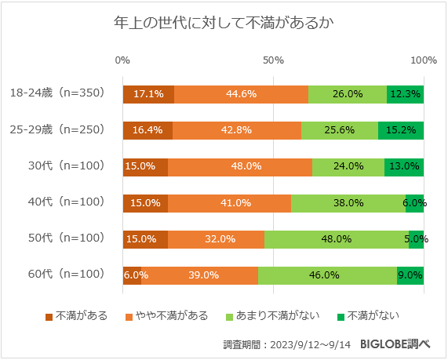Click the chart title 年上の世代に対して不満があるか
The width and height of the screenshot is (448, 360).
(224, 23)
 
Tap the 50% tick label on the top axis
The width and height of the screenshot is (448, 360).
(273, 60)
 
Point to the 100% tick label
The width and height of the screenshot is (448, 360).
(424, 60)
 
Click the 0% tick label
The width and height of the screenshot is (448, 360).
(122, 60)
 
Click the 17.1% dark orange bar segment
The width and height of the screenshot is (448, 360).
(148, 94)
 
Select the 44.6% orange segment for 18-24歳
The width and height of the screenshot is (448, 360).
(241, 94)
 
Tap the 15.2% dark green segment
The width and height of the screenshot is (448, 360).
(401, 130)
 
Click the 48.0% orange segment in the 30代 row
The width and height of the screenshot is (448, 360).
(240, 166)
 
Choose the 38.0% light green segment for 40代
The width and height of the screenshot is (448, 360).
(348, 203)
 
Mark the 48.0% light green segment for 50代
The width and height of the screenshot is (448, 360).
(337, 239)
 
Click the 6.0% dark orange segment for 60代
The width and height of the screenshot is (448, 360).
(132, 275)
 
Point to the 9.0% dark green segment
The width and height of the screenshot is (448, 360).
(410, 275)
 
